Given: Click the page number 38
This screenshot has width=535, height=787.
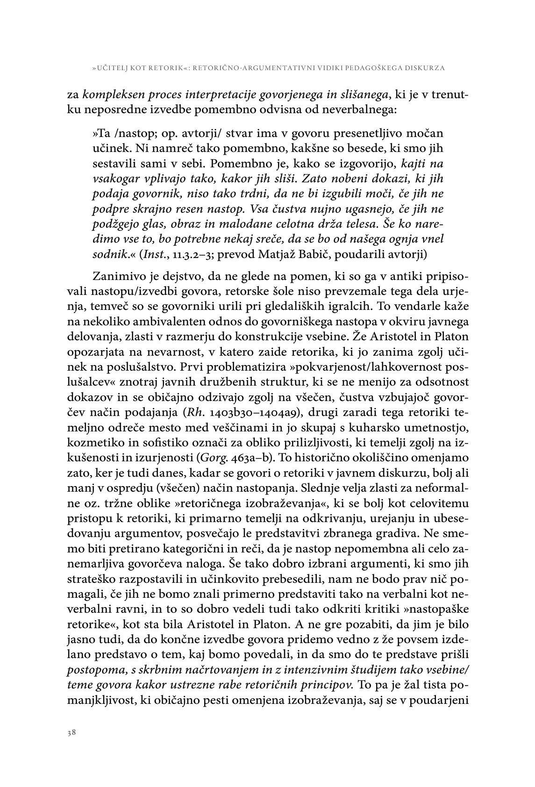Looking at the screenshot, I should (x=71, y=733).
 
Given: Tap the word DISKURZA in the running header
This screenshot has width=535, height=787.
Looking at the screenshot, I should (x=424, y=68).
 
